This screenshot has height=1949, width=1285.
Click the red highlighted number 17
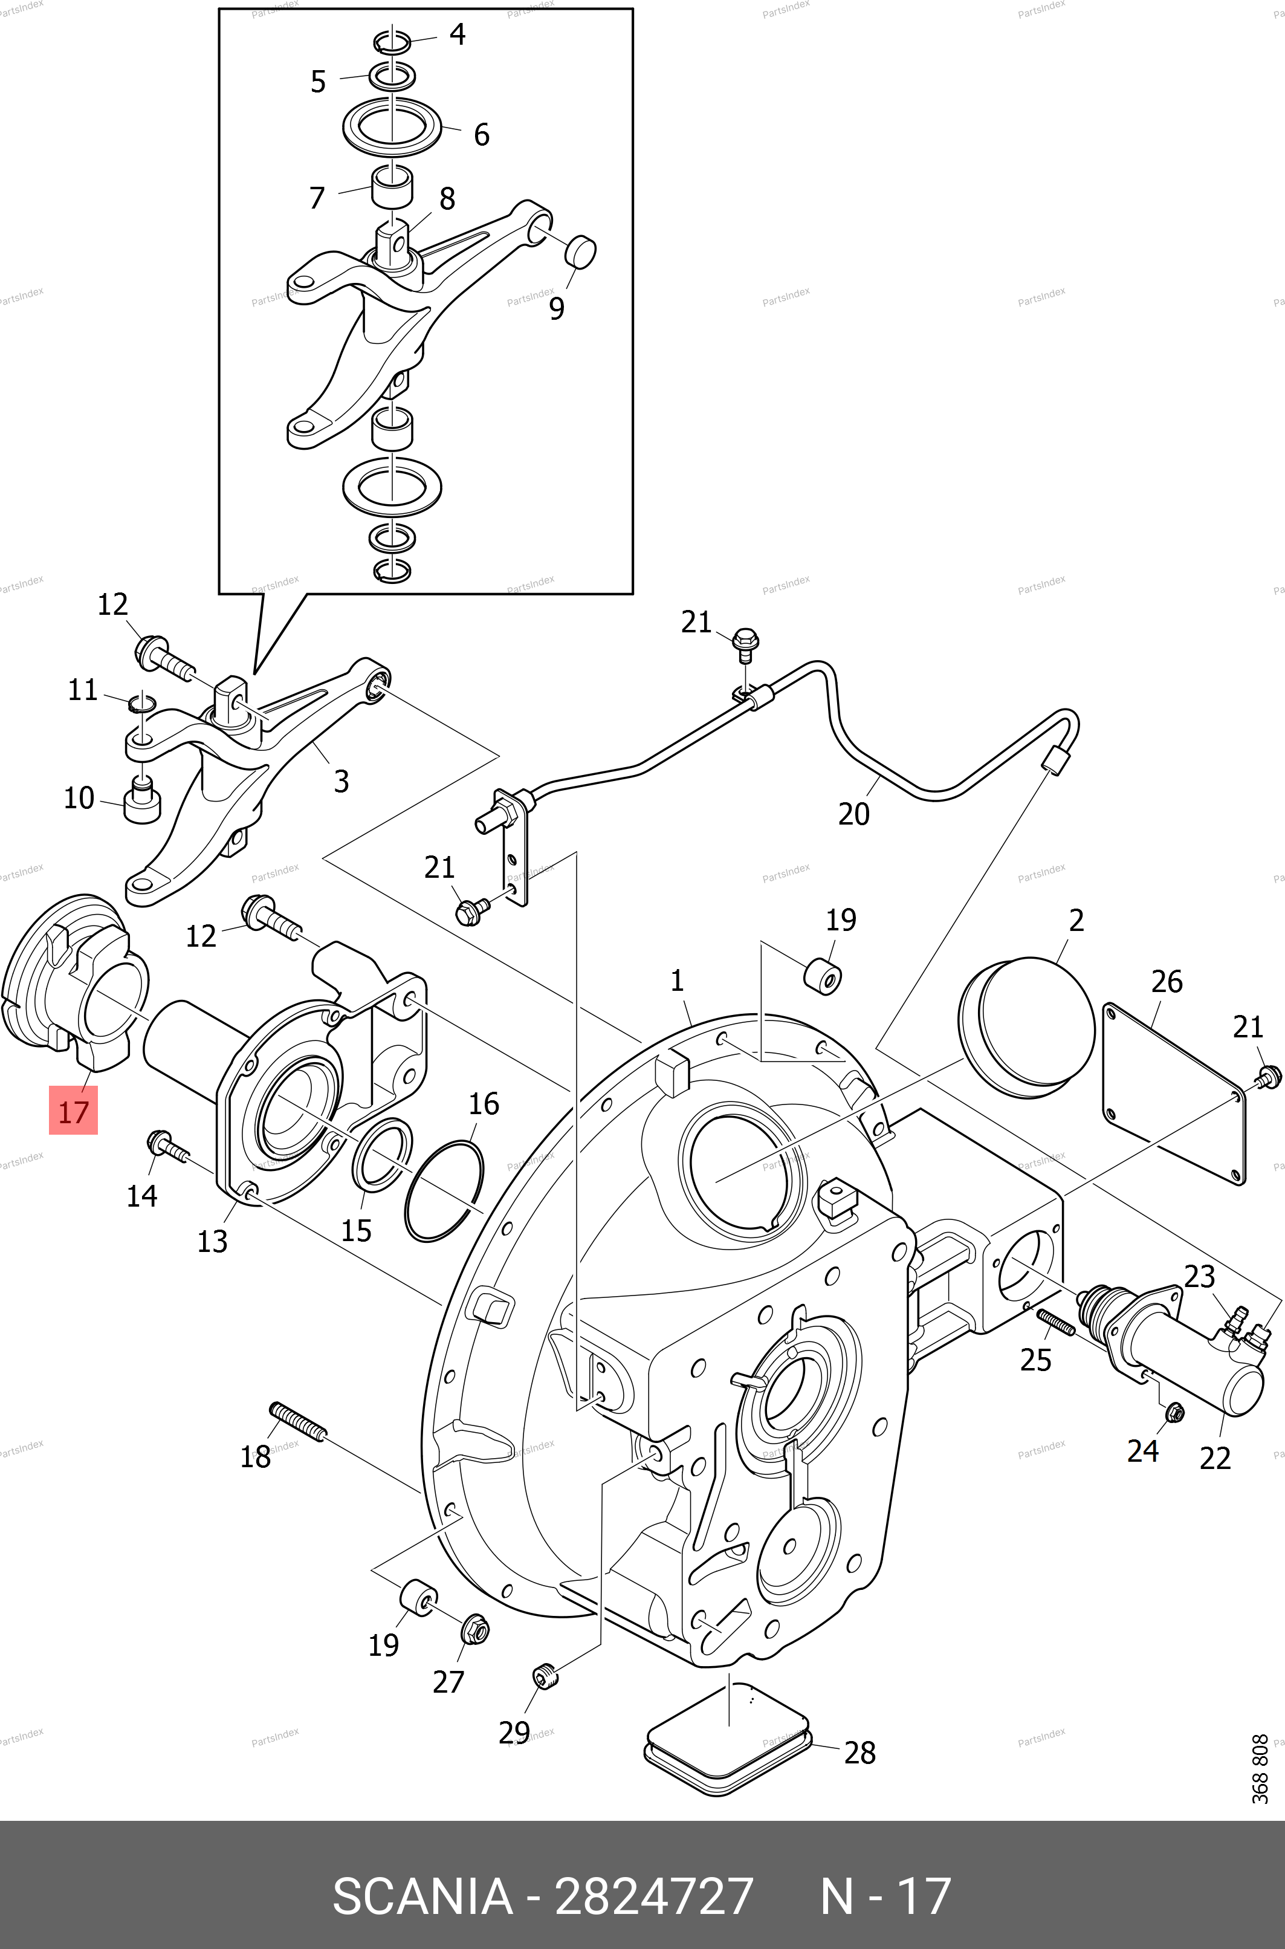pos(73,1111)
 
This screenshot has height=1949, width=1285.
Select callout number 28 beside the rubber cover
pos(859,1753)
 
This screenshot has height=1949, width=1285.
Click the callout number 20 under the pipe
pos(853,814)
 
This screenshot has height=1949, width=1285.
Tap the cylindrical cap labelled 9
pos(581,250)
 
